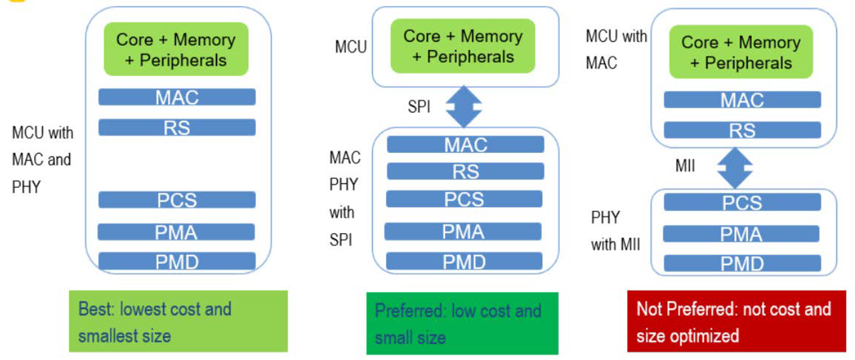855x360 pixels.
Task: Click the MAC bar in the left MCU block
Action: (x=177, y=98)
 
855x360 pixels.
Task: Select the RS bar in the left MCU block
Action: (x=177, y=127)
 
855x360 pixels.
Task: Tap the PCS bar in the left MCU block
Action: (x=177, y=200)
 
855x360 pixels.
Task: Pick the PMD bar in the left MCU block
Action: (x=177, y=261)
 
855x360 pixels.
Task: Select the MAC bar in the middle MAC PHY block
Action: (x=466, y=144)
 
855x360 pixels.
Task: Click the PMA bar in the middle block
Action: (x=465, y=232)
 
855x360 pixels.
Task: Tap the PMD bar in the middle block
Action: (x=465, y=262)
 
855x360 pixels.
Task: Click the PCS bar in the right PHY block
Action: (x=742, y=202)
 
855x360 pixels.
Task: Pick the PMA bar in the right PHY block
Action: (x=742, y=234)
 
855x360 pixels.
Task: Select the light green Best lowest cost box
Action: (x=178, y=321)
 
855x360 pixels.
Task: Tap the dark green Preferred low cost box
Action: (x=462, y=323)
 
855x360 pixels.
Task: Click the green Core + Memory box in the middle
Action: (x=462, y=45)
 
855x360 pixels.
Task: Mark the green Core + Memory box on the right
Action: (x=741, y=52)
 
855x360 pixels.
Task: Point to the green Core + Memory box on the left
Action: (x=176, y=49)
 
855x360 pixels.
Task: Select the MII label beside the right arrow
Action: (x=685, y=165)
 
